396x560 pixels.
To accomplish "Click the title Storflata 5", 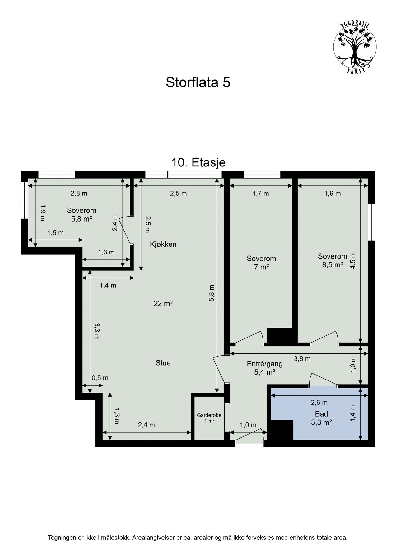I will click(x=198, y=83).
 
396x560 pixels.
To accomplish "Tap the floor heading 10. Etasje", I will click(x=198, y=162).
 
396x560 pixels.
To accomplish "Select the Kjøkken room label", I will click(x=163, y=244).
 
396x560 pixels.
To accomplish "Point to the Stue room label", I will click(x=163, y=363).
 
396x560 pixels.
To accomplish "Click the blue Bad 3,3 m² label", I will click(x=322, y=418).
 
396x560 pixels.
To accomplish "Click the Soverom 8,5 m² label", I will click(x=332, y=260).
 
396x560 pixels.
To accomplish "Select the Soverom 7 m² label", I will click(x=261, y=262).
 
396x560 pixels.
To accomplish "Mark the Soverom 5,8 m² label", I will click(x=82, y=215).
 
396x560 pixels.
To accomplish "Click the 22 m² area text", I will click(x=163, y=303).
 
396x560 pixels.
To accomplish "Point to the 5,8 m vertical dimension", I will click(x=212, y=293).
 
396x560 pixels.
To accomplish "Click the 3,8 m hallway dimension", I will click(x=302, y=359).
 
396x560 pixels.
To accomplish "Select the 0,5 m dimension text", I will click(x=100, y=378).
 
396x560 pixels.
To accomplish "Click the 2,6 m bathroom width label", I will click(x=319, y=403).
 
